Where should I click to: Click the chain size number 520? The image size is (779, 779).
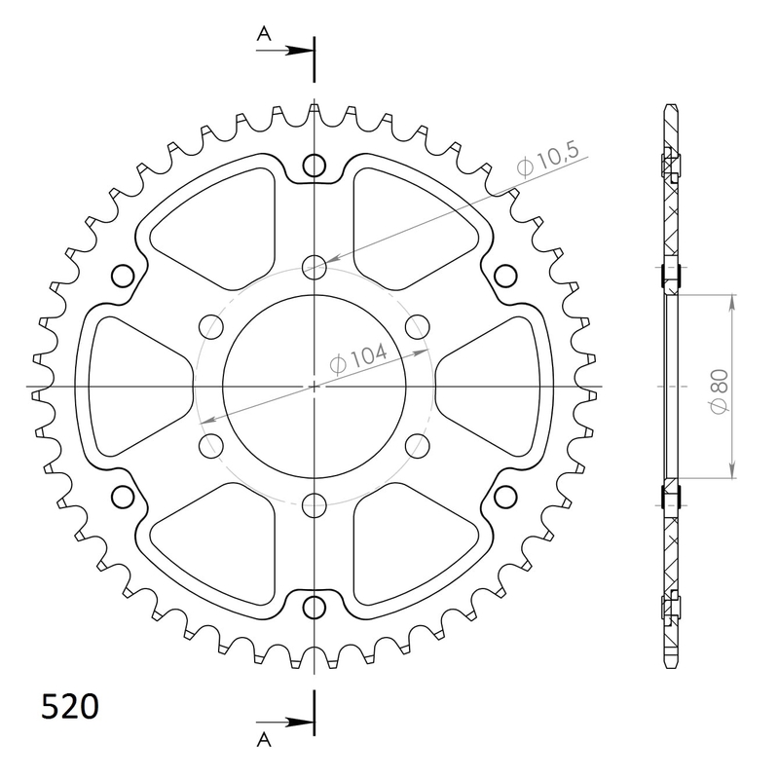point(69,706)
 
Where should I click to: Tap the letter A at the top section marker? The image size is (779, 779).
point(263,33)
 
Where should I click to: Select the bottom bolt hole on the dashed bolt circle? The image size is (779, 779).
point(314,504)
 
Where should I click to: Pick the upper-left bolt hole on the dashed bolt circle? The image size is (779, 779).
point(210,325)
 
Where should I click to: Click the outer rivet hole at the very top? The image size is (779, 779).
point(314,166)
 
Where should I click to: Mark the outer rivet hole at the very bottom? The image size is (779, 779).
point(314,608)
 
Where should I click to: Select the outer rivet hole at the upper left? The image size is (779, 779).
point(123,276)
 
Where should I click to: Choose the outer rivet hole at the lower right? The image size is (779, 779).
point(504,498)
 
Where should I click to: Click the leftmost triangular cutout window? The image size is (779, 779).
point(136,387)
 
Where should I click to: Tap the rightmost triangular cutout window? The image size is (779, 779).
point(492,387)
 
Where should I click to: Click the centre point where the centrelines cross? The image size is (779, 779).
point(314,387)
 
